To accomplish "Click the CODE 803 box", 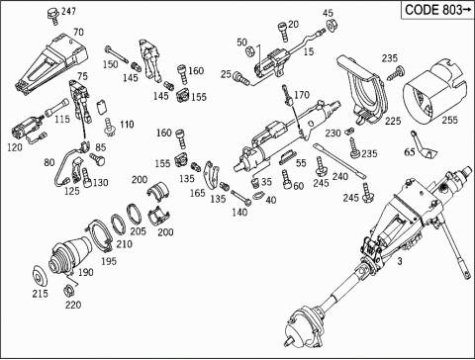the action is (x=437, y=10).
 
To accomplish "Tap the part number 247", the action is (x=68, y=11).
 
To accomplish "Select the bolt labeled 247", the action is (x=52, y=16).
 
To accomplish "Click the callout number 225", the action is (x=393, y=121).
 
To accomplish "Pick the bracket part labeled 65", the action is (x=424, y=146).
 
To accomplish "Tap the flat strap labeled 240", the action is (x=339, y=160).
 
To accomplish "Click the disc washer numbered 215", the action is (x=41, y=277).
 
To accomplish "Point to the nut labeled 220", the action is (x=68, y=291).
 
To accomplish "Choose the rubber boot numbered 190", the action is (x=70, y=256).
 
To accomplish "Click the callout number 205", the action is (x=138, y=231).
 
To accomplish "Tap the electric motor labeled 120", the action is (x=27, y=130).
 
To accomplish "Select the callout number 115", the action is (x=62, y=119).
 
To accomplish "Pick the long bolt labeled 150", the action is (x=117, y=54).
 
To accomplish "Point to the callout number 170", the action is (x=302, y=95).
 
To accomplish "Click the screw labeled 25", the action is (x=240, y=78).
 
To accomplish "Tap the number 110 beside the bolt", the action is (x=127, y=125).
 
